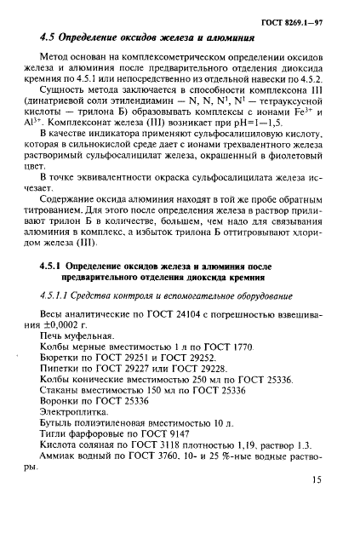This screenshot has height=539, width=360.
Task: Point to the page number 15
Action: (316, 503)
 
